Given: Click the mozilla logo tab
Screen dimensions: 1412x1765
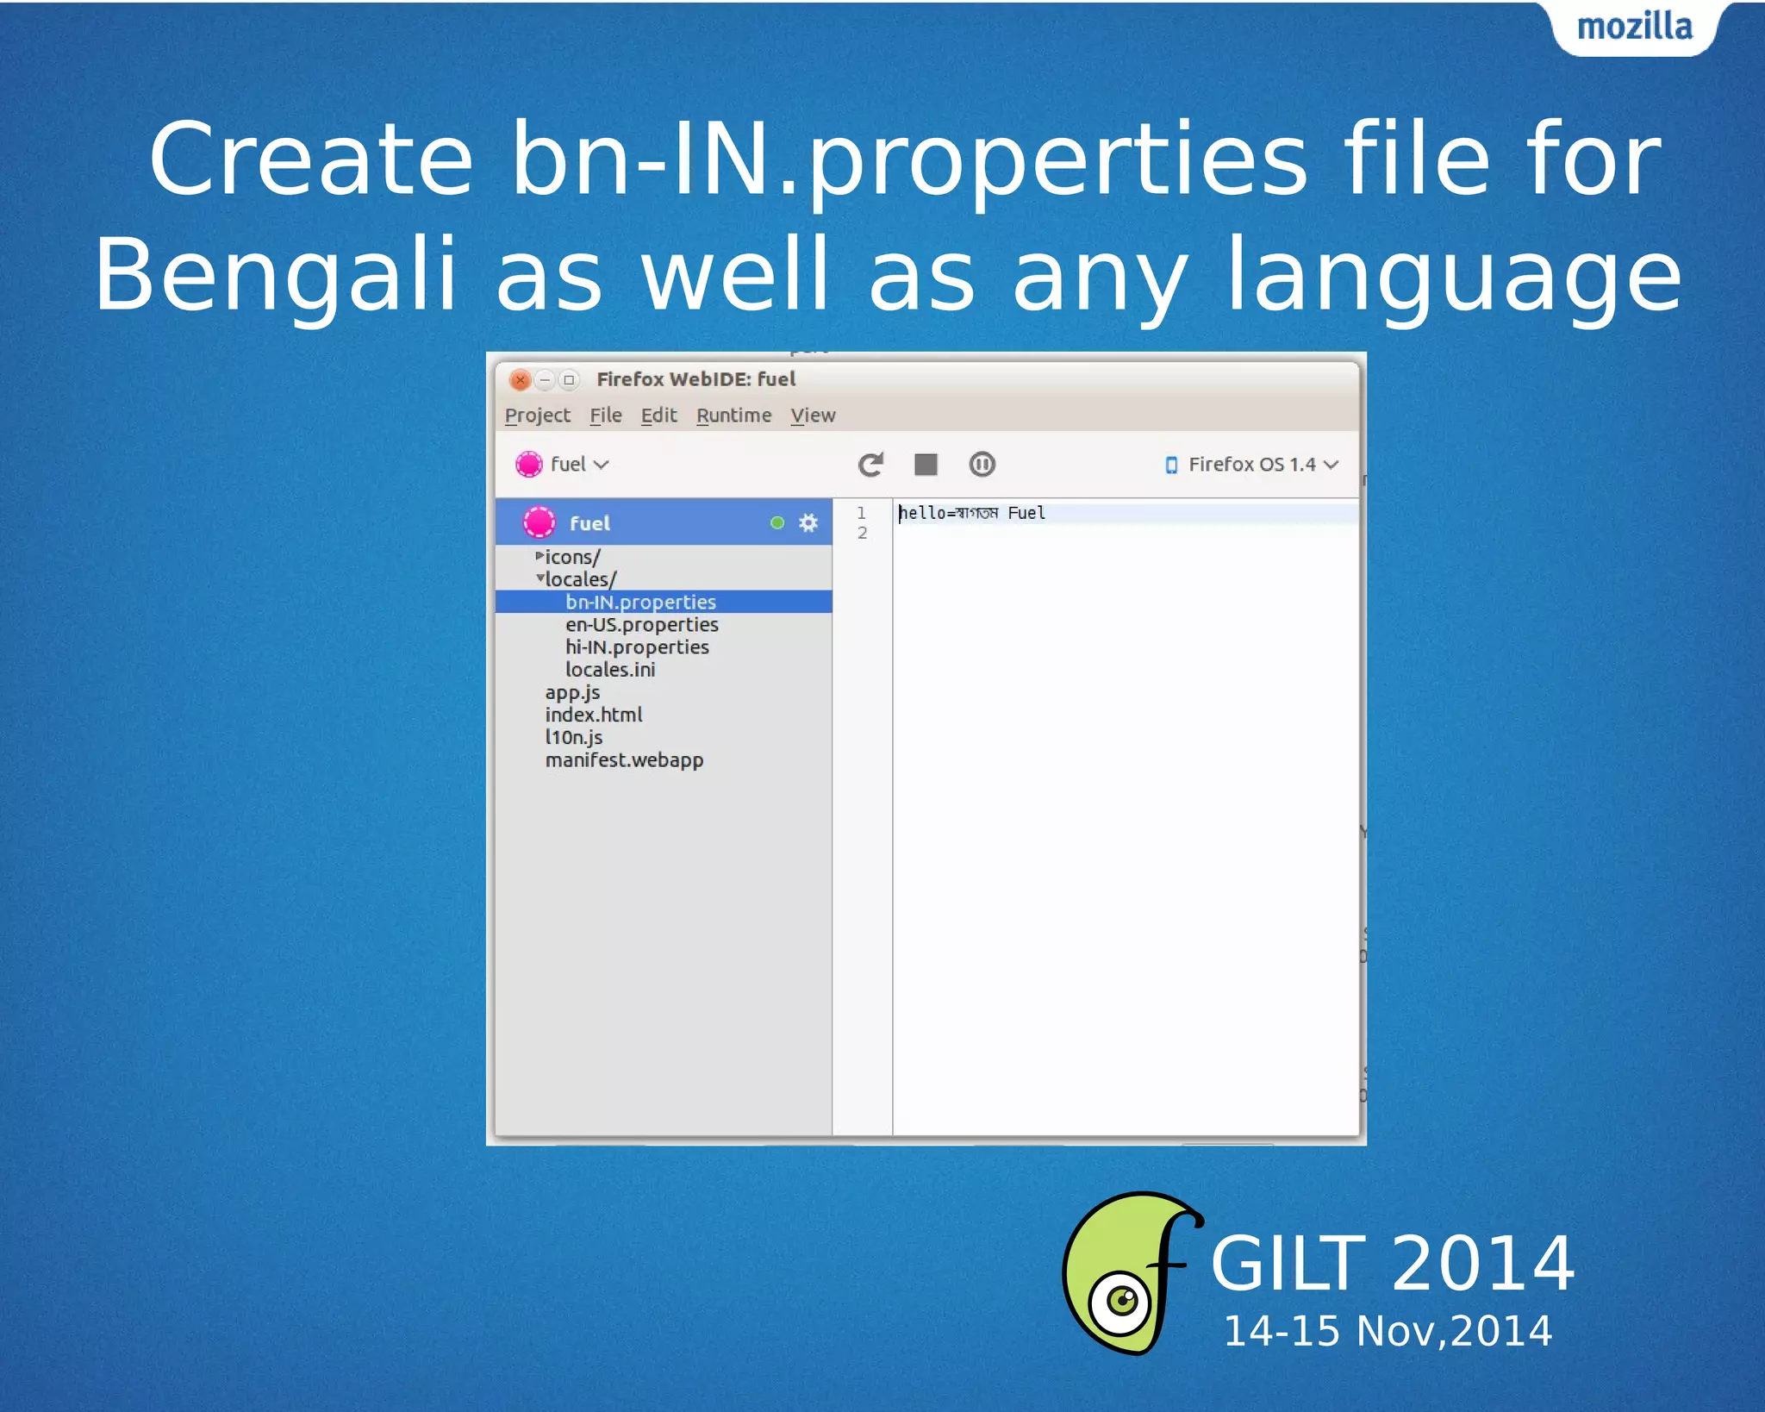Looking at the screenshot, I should click(1634, 28).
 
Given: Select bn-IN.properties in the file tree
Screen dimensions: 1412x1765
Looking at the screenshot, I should click(640, 602).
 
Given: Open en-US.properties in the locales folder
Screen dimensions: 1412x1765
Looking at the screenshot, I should click(641, 624).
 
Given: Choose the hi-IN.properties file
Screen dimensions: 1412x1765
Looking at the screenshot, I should click(637, 647).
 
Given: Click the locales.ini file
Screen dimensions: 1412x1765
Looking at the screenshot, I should click(610, 670).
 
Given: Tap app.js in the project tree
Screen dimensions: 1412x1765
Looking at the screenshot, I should click(572, 692).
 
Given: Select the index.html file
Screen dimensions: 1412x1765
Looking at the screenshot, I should click(594, 715).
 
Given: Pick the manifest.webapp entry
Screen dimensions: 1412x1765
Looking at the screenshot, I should click(624, 759).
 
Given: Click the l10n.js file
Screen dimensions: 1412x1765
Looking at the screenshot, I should click(574, 737).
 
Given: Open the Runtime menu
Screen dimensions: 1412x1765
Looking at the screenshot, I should click(733, 415).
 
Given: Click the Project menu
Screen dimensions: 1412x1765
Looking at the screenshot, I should click(538, 415).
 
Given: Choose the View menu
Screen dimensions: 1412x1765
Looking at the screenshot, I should click(813, 415).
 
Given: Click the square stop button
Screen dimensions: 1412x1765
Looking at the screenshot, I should click(926, 465).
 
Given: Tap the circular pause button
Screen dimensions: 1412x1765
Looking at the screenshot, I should click(982, 465).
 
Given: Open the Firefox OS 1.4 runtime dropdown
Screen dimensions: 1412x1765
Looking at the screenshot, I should click(1251, 465).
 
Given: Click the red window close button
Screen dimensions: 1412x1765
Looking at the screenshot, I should click(520, 379).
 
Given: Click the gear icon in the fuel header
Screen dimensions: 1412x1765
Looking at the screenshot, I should click(808, 522).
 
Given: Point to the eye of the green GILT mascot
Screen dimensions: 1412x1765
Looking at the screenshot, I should click(1121, 1299).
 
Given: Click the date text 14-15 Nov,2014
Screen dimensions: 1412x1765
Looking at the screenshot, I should click(1388, 1331).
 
